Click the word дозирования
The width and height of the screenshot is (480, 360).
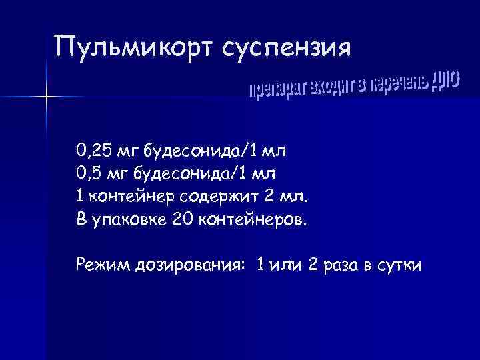pos(189,266)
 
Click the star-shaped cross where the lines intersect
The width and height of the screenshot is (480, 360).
pos(47,98)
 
